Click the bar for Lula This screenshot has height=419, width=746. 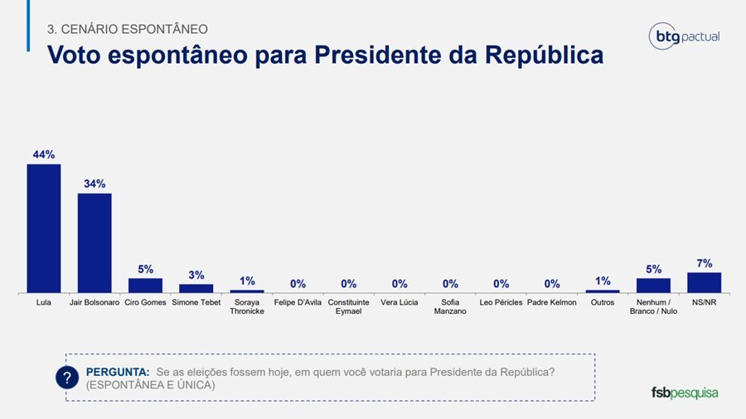pos(44,228)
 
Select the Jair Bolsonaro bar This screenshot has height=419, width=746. pos(94,243)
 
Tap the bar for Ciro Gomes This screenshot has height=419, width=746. pos(145,285)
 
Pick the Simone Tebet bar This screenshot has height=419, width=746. pos(196,288)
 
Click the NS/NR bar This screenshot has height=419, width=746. pos(704,282)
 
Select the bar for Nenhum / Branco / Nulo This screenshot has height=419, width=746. pos(653,285)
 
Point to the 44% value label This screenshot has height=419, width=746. pos(44,155)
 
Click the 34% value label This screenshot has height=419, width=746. pos(94,184)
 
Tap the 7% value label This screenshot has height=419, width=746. pos(704,263)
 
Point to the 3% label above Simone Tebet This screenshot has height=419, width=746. pos(196,275)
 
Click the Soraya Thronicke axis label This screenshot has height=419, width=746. pos(247,306)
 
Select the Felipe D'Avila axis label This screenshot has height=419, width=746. pos(298,302)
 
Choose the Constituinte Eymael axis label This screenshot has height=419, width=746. pos(348,306)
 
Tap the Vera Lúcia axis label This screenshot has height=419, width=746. pos(400,302)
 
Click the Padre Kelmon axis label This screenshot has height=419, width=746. pos(551,302)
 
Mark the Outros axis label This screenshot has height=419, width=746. pos(603,302)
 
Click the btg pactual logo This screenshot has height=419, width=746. pos(684,36)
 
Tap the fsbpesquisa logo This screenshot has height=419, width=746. pos(684,392)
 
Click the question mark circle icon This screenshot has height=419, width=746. pos(66,378)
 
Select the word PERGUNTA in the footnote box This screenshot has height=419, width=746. pos(118,372)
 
